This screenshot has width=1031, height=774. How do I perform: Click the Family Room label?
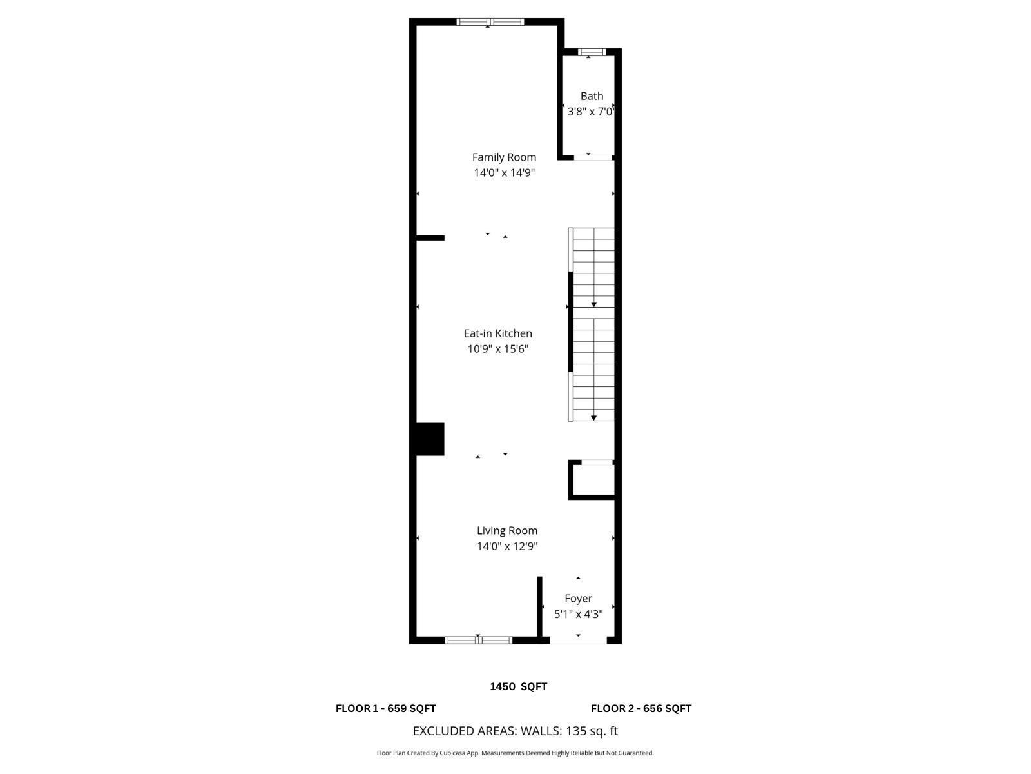point(504,157)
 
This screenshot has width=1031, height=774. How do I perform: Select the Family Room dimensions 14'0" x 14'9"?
point(504,173)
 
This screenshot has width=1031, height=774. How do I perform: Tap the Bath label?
point(592,96)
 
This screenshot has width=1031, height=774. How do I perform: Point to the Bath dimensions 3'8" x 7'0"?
point(590,112)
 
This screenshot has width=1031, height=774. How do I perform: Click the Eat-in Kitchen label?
point(498,333)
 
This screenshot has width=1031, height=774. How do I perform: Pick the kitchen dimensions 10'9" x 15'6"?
point(498,349)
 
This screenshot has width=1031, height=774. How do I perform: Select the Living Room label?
point(507,531)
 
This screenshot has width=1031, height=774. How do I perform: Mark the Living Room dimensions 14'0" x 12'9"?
point(507,546)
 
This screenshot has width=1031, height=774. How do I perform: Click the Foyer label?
point(578,599)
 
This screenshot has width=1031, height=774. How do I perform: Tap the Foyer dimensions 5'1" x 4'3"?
point(578,614)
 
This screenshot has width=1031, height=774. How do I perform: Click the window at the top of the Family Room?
point(490,22)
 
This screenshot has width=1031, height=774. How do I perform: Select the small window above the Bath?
point(592,52)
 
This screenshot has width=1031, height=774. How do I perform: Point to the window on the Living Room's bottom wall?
point(478,640)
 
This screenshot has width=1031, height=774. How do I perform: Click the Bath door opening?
point(593,157)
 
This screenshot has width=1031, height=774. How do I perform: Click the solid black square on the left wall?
point(430,439)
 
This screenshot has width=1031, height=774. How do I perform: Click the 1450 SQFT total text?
point(519,687)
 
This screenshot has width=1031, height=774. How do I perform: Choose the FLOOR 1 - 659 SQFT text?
point(385,708)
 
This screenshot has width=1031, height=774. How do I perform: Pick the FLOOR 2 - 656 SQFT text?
point(641,708)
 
